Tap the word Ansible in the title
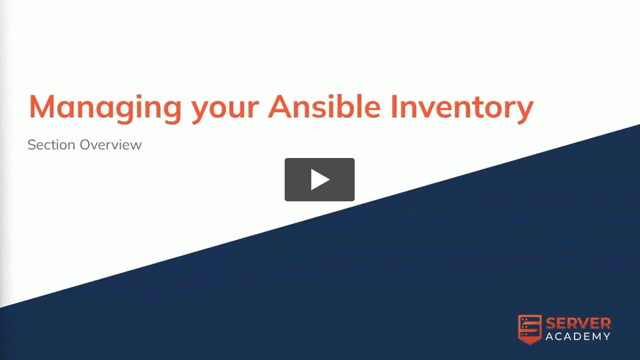[324, 106]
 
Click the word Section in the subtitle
[51, 145]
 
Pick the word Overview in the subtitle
[111, 145]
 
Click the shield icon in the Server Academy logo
[530, 329]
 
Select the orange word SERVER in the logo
[579, 324]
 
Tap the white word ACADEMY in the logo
[578, 337]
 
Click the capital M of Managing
[41, 107]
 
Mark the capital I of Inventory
[394, 107]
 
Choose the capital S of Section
[31, 145]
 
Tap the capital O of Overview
[85, 145]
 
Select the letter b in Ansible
[348, 106]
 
